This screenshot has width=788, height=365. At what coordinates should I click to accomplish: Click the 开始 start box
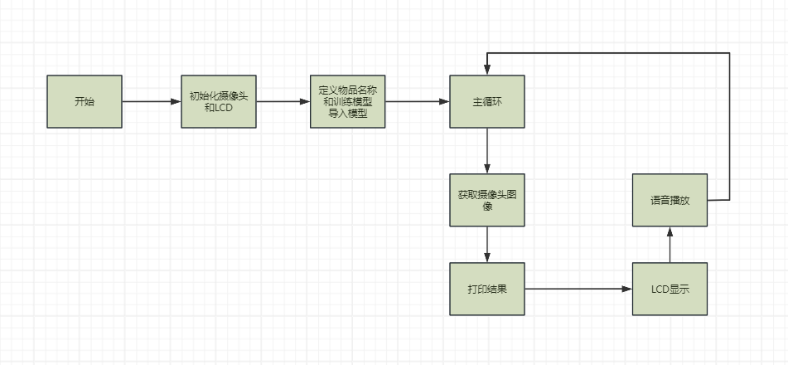point(85,101)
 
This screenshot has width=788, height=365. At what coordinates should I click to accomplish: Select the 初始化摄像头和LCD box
point(219,101)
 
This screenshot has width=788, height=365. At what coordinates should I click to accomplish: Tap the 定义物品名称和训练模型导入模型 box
point(348,101)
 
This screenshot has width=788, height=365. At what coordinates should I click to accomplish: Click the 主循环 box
point(487,101)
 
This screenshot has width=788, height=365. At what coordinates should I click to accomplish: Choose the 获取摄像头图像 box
point(487,200)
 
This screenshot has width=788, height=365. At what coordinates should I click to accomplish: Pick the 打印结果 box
point(487,289)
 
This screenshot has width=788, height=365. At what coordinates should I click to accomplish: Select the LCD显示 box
point(670,289)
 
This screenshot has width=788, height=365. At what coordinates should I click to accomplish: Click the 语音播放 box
point(670,200)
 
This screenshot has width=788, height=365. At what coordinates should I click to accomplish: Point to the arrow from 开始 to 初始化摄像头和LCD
point(152,101)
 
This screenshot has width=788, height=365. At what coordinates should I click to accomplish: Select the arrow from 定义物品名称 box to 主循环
point(418,101)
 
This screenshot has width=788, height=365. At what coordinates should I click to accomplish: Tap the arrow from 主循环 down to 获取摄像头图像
point(487,151)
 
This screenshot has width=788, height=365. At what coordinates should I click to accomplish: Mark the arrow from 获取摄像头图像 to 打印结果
point(487,245)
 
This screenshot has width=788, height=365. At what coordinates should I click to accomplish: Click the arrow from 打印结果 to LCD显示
point(578,289)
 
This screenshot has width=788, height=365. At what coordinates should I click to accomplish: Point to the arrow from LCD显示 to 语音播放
point(670,245)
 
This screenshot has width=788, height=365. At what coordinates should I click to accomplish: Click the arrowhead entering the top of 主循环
point(487,70)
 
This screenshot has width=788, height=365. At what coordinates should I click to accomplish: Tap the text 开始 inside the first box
point(85,101)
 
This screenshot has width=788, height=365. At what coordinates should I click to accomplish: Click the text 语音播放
point(670,201)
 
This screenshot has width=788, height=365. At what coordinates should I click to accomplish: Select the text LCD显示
point(670,290)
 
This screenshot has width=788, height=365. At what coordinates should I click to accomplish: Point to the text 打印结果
point(487,290)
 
